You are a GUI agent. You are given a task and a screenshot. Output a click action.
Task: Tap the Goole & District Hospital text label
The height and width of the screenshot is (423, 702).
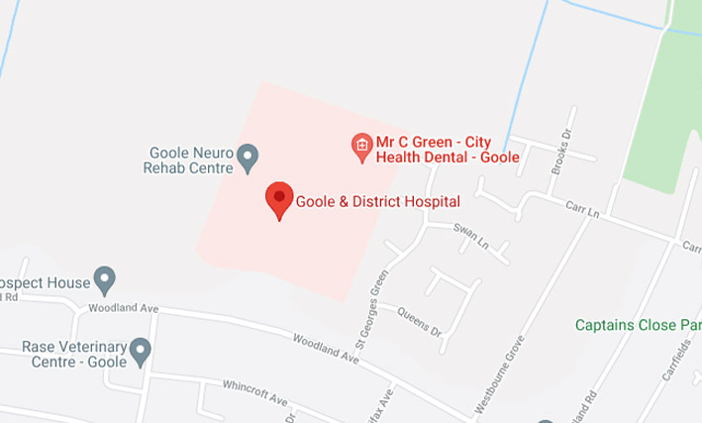(379, 201)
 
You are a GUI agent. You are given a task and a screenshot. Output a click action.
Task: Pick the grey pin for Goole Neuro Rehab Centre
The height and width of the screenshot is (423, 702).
(249, 157)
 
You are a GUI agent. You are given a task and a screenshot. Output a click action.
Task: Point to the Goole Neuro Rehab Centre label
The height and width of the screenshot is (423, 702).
(188, 160)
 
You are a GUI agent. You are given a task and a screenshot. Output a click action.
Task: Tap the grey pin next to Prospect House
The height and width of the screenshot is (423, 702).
(103, 278)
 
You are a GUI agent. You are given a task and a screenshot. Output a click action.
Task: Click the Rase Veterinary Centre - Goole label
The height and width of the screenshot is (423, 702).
(73, 355)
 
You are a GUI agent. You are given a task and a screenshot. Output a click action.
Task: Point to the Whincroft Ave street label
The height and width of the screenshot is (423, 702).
(255, 391)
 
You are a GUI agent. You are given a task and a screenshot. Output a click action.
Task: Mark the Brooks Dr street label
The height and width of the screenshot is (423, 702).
(563, 153)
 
